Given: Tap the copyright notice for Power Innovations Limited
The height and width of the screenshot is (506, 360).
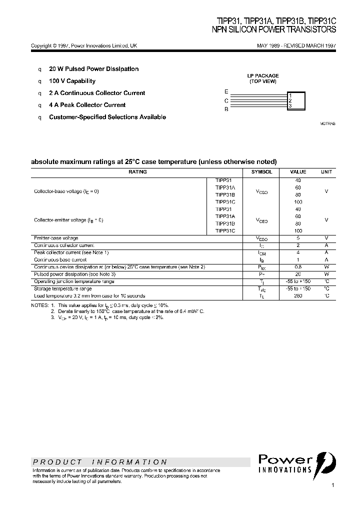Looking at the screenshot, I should click(x=84, y=45).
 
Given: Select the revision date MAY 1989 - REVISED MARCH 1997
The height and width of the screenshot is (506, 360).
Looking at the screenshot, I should click(x=296, y=45).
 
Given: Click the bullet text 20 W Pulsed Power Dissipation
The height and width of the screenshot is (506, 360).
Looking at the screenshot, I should click(x=93, y=69).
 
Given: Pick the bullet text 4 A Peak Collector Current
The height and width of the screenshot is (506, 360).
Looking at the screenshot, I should click(x=87, y=105).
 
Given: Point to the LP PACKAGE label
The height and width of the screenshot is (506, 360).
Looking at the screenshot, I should click(x=263, y=76).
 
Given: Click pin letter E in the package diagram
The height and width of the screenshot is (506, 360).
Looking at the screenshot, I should click(x=226, y=92).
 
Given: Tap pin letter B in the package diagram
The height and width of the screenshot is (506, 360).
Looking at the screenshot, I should click(x=226, y=108).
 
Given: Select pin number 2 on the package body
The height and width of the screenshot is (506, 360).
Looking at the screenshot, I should click(x=290, y=100).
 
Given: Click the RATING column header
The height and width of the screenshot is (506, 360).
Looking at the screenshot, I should click(x=137, y=171).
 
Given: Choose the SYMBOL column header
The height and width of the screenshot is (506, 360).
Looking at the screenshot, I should click(x=261, y=171).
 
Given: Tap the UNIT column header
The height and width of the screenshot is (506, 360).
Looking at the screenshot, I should click(x=326, y=171).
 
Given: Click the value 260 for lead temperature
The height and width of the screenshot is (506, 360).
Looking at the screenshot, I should click(x=298, y=296).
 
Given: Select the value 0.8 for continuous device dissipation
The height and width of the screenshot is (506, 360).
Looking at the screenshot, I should click(x=298, y=267).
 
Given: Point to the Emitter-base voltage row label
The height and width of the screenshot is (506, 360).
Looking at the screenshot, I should click(x=56, y=238).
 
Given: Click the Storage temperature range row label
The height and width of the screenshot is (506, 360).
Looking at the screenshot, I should click(x=62, y=289).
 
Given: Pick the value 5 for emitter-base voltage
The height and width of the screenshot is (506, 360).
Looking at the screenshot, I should click(x=298, y=238).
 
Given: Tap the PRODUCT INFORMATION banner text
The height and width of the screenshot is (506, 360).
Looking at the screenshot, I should click(x=100, y=462).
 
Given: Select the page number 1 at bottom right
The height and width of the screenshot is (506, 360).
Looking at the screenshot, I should click(x=332, y=485).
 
